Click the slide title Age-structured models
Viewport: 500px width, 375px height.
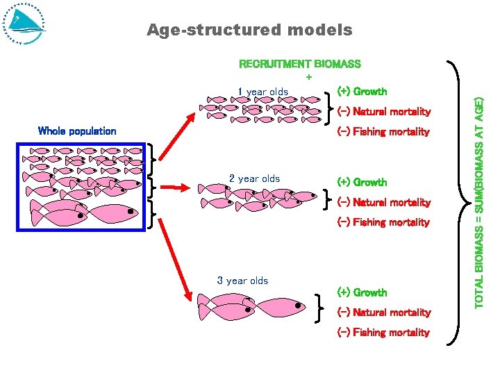click(x=249, y=30)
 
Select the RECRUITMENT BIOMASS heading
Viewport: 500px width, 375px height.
click(x=299, y=64)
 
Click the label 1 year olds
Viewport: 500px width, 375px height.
click(x=262, y=92)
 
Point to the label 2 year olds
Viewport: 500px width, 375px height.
click(x=254, y=178)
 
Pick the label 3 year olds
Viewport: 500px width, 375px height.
click(x=242, y=281)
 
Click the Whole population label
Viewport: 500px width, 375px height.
click(x=77, y=131)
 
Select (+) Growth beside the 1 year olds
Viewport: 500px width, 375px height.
click(x=362, y=91)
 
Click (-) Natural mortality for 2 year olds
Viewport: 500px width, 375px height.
click(x=383, y=202)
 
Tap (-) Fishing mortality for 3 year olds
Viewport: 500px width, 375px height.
click(x=383, y=332)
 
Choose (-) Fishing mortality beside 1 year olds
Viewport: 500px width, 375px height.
click(x=383, y=131)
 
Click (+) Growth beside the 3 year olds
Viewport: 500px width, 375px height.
click(x=362, y=292)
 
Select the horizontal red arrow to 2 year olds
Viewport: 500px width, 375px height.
click(x=176, y=186)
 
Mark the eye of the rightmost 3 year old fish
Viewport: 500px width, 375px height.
click(x=298, y=305)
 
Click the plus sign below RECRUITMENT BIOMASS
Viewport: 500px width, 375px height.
click(x=309, y=76)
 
